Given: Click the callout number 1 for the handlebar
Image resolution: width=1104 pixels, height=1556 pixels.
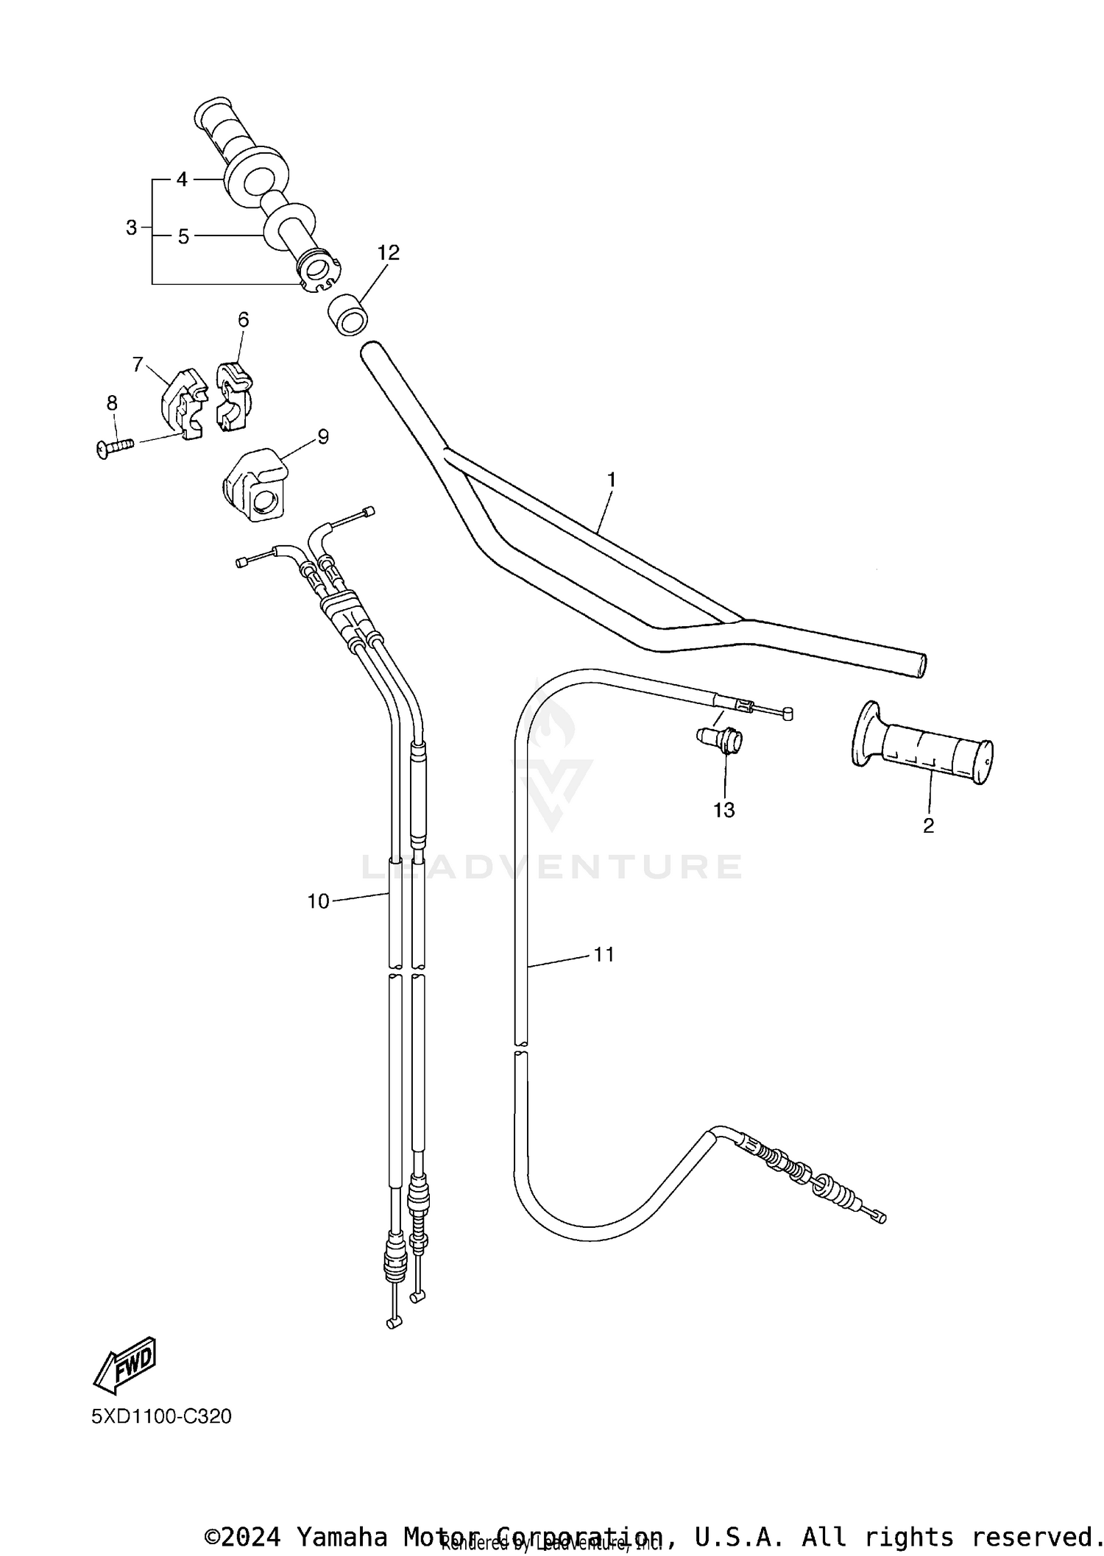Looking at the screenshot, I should click(x=611, y=480).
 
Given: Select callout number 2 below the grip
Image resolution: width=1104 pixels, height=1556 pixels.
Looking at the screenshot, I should click(x=928, y=825).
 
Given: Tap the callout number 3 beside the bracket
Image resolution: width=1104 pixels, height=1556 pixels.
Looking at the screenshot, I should click(x=131, y=228).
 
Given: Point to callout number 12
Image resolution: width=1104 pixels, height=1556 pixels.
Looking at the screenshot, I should click(x=388, y=252).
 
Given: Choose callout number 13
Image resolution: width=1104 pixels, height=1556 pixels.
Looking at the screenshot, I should click(x=723, y=810).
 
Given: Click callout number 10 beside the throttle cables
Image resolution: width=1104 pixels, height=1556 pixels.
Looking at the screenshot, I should click(x=318, y=901).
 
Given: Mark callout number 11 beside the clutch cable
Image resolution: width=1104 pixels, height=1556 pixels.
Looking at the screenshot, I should click(x=604, y=954).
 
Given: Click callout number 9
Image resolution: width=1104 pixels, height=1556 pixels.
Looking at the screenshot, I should click(x=322, y=436).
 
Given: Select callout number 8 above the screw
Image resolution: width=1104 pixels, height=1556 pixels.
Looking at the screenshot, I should click(x=112, y=402).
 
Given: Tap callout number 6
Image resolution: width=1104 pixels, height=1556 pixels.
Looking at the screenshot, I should click(x=243, y=319).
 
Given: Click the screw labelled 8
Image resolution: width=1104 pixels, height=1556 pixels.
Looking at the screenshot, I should click(x=114, y=447).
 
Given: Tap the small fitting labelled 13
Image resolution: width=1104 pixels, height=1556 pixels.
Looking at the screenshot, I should click(x=721, y=739).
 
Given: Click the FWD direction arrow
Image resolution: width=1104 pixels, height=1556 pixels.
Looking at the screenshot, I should click(x=126, y=1363).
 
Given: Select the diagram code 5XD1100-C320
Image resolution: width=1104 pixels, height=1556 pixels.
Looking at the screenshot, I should click(x=161, y=1416).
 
